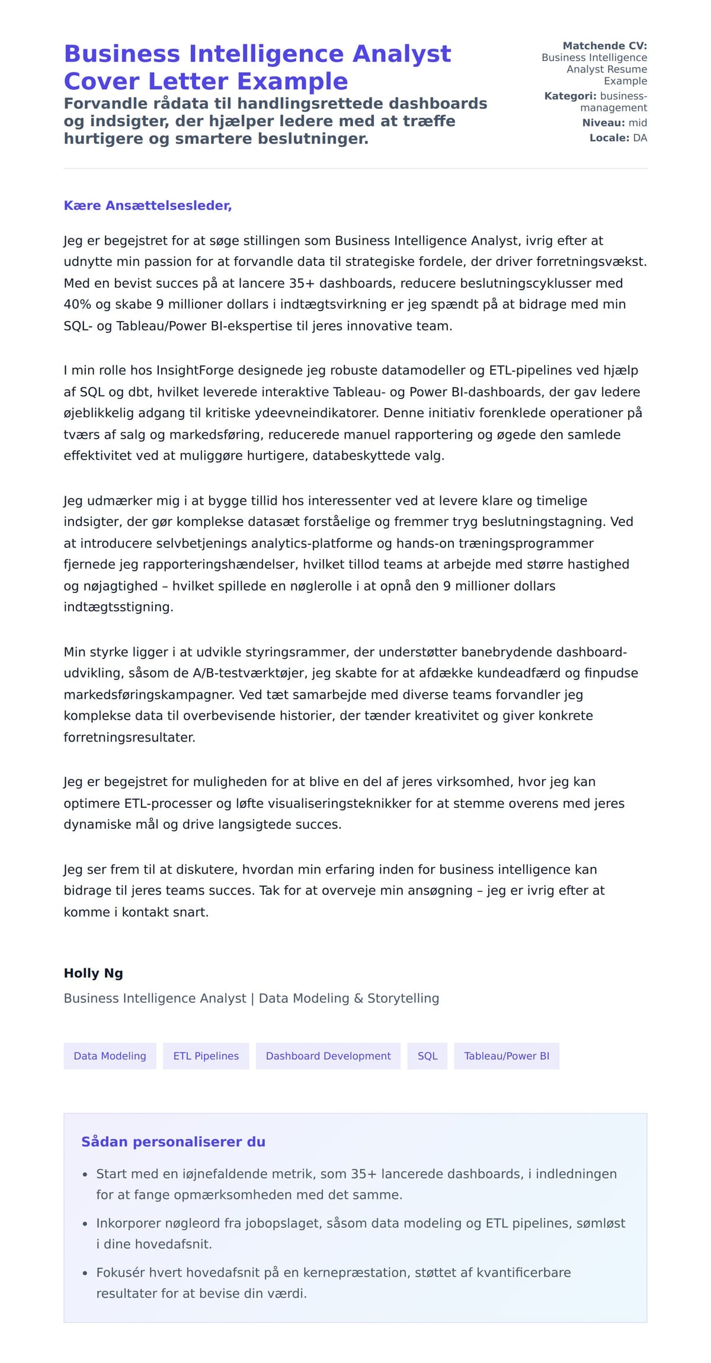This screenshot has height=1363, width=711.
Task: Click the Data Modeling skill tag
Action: click(x=110, y=1056)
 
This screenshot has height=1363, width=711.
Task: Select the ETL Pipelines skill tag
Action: click(x=206, y=1056)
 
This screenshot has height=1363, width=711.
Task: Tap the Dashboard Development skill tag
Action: click(x=328, y=1056)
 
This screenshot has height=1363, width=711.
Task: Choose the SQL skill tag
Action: click(x=427, y=1056)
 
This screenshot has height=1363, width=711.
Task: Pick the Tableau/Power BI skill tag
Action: click(x=506, y=1056)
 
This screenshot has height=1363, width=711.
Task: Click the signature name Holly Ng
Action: click(x=93, y=973)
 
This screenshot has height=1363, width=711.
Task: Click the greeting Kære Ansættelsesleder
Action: click(x=148, y=206)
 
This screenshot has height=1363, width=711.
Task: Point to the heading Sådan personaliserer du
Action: click(x=173, y=1142)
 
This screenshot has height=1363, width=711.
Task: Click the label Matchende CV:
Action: click(x=604, y=46)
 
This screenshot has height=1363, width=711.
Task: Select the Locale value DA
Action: click(x=640, y=138)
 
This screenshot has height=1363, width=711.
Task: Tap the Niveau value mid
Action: click(x=638, y=123)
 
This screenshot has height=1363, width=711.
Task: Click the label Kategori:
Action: click(x=570, y=96)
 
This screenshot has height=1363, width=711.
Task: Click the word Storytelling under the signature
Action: click(x=403, y=999)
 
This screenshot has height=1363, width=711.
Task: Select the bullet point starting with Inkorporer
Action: click(x=360, y=1233)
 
